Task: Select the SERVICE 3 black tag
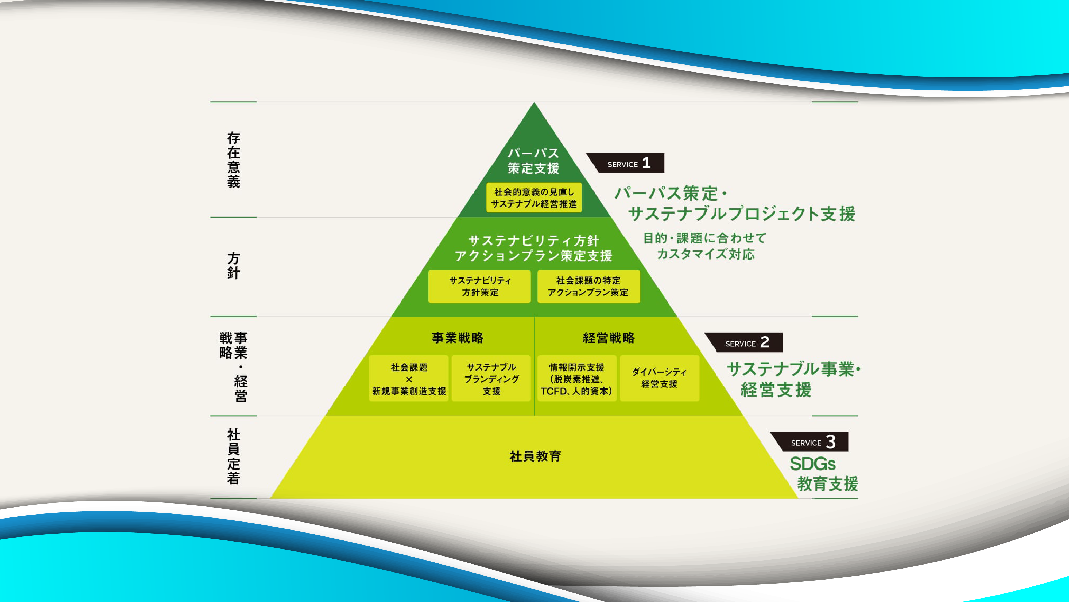pos(811,442)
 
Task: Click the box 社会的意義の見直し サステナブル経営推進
pos(534,198)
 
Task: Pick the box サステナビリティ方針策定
pos(480,286)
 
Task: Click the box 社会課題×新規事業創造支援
pos(409,379)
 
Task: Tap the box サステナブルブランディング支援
pos(491,379)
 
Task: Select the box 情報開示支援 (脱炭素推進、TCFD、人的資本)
pos(576,379)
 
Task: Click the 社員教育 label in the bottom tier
pos(535,456)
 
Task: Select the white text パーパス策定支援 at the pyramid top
pos(534,161)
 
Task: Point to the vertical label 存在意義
pos(233,160)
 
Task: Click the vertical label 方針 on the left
pos(233,265)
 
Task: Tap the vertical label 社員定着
pos(233,456)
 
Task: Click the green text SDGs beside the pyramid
pos(812,464)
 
